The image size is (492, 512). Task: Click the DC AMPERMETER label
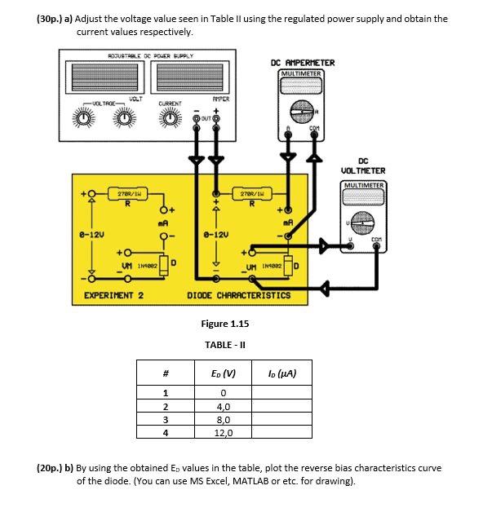point(302,63)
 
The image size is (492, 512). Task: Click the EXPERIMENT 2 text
point(114,294)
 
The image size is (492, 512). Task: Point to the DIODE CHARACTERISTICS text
point(239,294)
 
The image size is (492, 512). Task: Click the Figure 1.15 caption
point(225,324)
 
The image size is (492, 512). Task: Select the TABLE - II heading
point(225,344)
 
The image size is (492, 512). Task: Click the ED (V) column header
point(224,374)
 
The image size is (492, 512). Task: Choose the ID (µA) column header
point(281,374)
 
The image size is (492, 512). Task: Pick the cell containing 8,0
point(224,419)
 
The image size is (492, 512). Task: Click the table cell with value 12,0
point(224,433)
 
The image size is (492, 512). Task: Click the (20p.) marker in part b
point(55,469)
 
